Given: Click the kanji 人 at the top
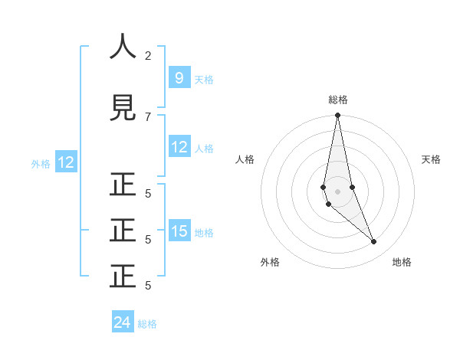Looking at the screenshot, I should (123, 47).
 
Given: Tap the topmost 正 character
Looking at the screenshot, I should (123, 185).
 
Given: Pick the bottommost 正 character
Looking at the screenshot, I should (123, 277).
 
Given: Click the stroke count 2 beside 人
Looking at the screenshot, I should (148, 55).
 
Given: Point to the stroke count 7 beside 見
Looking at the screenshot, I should (148, 116).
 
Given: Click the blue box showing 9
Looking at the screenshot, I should (179, 77).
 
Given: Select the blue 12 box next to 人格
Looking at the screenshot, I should (179, 147).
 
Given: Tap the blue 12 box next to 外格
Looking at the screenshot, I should (66, 162).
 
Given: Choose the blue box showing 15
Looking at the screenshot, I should (179, 231).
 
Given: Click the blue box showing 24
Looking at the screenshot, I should (123, 322).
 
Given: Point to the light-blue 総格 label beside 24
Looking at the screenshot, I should (147, 324).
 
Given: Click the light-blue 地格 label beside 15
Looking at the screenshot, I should (204, 232).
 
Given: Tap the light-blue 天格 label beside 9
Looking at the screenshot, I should (204, 79).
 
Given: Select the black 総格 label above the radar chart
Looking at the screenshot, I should (337, 100).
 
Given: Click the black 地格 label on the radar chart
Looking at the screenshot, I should (402, 262).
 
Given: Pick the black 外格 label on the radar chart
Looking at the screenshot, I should (270, 262).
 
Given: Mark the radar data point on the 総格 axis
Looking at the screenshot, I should (337, 116).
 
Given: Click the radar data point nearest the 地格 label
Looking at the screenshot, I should (374, 241).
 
